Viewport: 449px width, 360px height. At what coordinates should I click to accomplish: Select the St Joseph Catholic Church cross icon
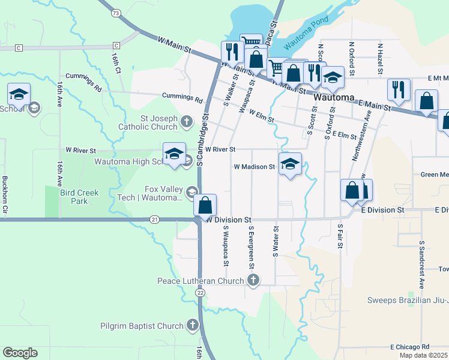click(x=187, y=122)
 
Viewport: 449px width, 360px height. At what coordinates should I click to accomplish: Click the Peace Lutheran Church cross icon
click(x=254, y=280)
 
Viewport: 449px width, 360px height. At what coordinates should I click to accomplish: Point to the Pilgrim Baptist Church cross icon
click(x=192, y=326)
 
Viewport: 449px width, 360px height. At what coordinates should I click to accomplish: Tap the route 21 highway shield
click(x=155, y=220)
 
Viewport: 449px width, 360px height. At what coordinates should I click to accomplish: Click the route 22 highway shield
click(x=200, y=291)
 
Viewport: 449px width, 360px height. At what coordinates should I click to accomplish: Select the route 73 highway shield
click(x=116, y=13)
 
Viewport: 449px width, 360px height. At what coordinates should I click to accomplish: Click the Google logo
click(x=20, y=353)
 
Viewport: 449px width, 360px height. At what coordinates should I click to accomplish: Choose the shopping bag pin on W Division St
click(x=205, y=205)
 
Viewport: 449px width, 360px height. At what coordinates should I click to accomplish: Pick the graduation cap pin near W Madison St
click(x=290, y=164)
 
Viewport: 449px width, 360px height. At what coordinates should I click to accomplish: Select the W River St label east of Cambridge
click(x=220, y=149)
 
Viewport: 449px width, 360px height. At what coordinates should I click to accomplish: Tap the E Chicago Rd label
click(x=409, y=347)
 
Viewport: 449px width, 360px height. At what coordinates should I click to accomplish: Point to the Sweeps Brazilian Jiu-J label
click(x=408, y=300)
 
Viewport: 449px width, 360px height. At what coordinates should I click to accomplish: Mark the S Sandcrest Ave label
click(x=421, y=265)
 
